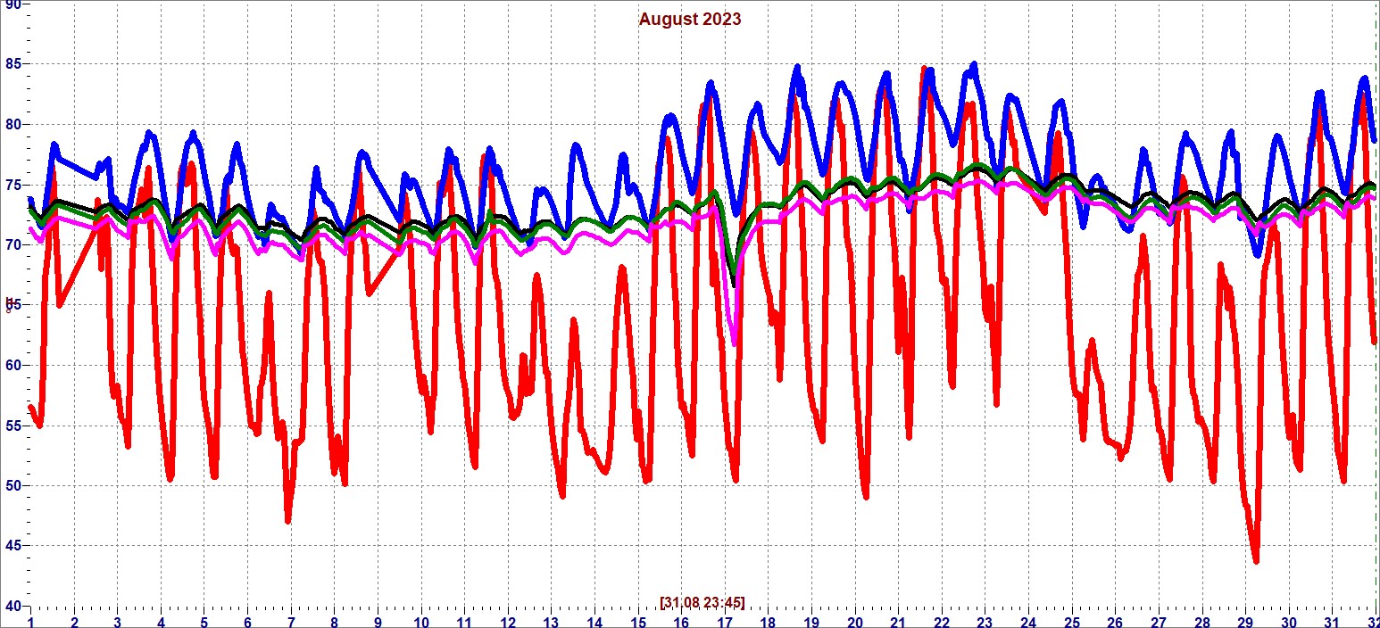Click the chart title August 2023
(x=689, y=19)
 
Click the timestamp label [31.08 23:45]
(x=702, y=602)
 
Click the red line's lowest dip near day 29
(x=1256, y=560)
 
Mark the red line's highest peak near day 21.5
(x=925, y=69)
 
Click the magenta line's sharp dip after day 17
(x=735, y=343)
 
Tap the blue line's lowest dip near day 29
(x=1258, y=254)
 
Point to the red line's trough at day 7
(x=287, y=520)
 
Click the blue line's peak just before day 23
(x=974, y=65)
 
